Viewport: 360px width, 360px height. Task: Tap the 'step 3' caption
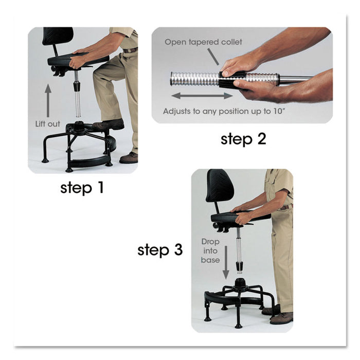(x=160, y=250)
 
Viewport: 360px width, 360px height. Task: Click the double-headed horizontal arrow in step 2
(x=201, y=95)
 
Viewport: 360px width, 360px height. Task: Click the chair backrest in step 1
(x=58, y=37)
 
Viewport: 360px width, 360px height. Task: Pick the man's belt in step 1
(x=131, y=50)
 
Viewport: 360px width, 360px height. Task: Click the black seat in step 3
(x=235, y=216)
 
